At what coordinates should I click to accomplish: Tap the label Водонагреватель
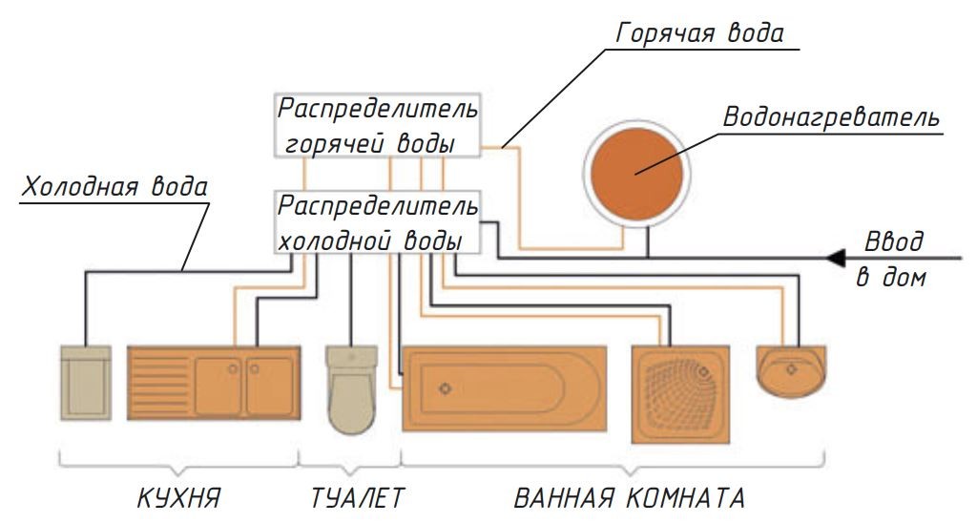[x=831, y=119]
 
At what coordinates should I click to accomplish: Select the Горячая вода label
[x=700, y=34]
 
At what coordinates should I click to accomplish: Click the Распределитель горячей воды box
[x=378, y=124]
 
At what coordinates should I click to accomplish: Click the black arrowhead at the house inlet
[x=838, y=257]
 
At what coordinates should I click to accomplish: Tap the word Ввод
[x=893, y=241]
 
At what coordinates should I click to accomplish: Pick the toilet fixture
[x=352, y=391]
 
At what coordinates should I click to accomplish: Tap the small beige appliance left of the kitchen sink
[x=85, y=383]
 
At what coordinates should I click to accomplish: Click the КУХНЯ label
[x=178, y=498]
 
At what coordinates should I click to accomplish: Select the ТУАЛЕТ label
[x=358, y=498]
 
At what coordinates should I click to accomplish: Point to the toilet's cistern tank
[x=352, y=358]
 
